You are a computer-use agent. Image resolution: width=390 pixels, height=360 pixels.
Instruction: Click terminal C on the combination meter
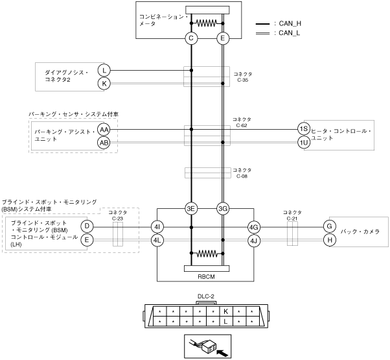coord(191,38)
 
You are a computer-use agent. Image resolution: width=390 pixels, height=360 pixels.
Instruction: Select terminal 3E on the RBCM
coord(191,209)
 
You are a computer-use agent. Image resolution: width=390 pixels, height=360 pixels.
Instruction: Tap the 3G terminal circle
coord(223,209)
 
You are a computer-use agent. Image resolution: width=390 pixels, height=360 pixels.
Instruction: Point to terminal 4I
coord(157,227)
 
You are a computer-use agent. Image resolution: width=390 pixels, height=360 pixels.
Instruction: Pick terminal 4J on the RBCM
coord(254,241)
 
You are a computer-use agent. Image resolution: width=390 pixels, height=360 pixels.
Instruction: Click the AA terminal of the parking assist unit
coord(104,130)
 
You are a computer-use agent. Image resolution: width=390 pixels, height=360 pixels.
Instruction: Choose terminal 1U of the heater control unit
coord(304,143)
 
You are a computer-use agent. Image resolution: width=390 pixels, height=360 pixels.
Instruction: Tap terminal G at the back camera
coord(330,226)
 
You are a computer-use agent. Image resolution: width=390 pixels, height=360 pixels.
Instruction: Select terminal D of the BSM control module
coord(87,226)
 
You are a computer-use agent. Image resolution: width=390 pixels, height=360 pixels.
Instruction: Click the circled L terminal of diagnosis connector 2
coord(104,71)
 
